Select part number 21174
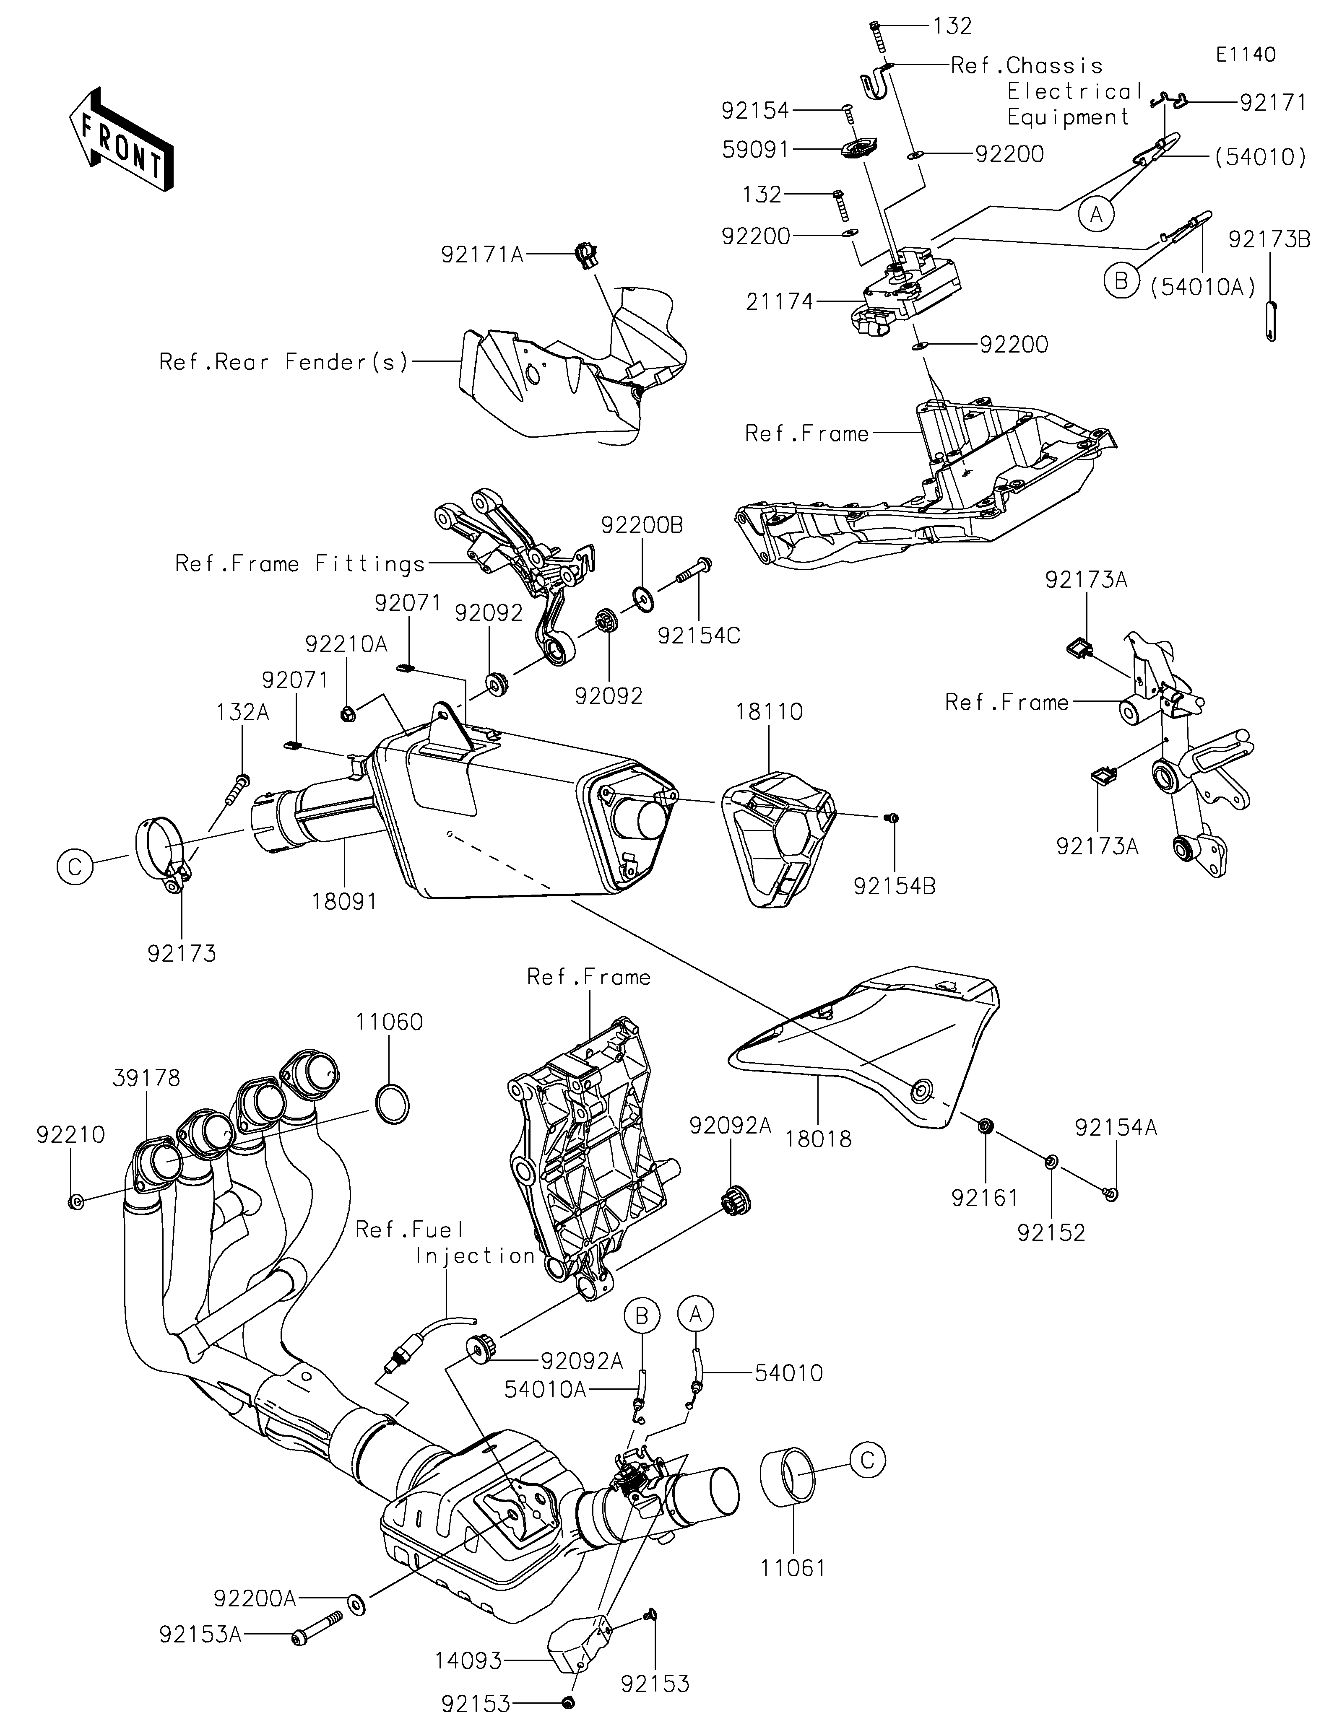(779, 301)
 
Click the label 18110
(768, 712)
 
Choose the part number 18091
(343, 901)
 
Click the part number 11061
(793, 1568)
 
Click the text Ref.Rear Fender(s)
(284, 363)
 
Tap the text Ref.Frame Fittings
(300, 564)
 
